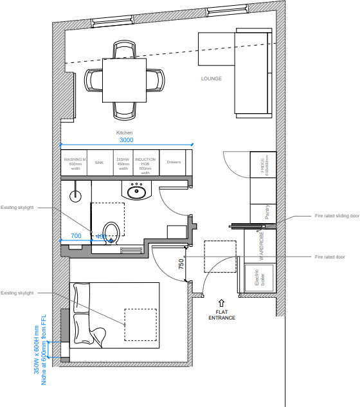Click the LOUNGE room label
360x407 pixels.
click(211, 79)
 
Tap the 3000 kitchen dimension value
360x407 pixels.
click(127, 140)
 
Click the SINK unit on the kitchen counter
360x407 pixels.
click(99, 163)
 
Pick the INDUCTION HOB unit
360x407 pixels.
click(145, 165)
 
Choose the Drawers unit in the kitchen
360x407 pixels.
click(174, 163)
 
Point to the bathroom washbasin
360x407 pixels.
click(136, 190)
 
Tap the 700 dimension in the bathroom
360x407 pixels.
click(76, 236)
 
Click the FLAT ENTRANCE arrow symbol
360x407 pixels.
click(221, 302)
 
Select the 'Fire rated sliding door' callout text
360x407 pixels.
click(336, 217)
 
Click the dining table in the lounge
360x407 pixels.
click(125, 80)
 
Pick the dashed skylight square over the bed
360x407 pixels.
click(140, 325)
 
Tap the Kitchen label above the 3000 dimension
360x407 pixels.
click(124, 132)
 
